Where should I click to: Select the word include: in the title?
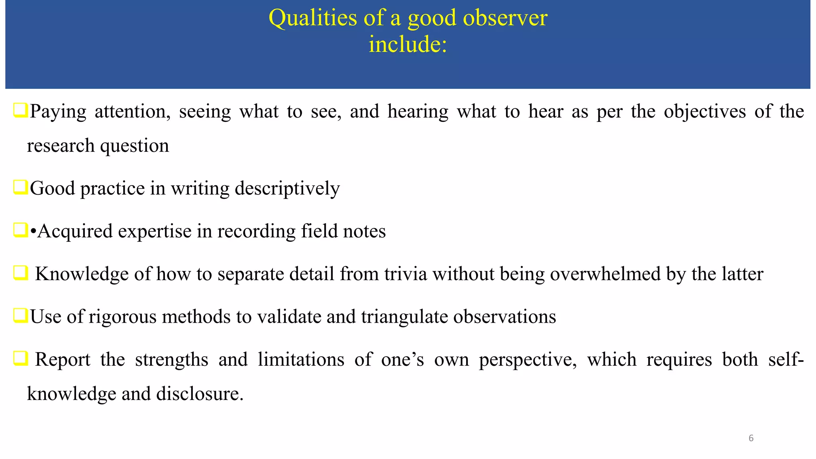pyautogui.click(x=408, y=44)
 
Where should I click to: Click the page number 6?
pyautogui.click(x=751, y=438)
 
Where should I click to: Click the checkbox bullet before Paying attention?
pyautogui.click(x=20, y=110)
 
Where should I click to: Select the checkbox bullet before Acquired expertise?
pyautogui.click(x=20, y=230)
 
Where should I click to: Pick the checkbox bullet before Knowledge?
pyautogui.click(x=20, y=273)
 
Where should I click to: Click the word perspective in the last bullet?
pyautogui.click(x=528, y=360)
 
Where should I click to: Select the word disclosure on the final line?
pyautogui.click(x=199, y=394)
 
